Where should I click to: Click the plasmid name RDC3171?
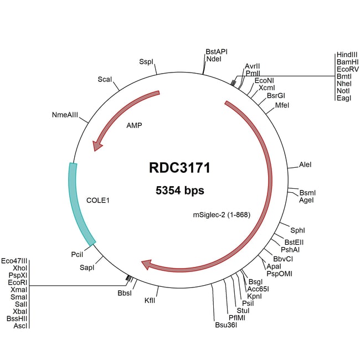click(179, 168)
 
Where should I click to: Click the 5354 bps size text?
click(179, 191)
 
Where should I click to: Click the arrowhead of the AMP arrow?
click(97, 145)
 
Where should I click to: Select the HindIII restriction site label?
click(347, 55)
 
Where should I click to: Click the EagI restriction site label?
click(343, 97)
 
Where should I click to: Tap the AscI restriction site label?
click(20, 326)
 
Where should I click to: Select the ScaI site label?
click(105, 79)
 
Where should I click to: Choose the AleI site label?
click(305, 164)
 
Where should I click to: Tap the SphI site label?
click(298, 229)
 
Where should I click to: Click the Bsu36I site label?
click(226, 325)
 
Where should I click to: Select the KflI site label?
click(150, 300)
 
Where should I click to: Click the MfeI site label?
click(282, 105)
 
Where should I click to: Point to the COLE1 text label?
click(98, 199)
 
